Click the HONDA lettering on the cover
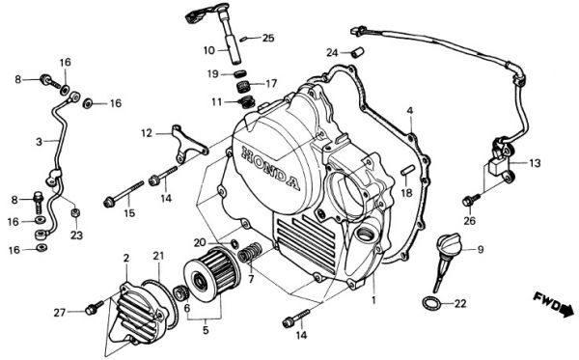point(270,168)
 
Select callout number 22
point(460,303)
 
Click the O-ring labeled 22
point(431,303)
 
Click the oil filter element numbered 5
point(212,271)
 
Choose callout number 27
point(60,313)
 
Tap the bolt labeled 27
point(94,308)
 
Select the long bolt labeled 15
point(124,194)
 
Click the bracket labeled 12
point(189,144)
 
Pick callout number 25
point(268,38)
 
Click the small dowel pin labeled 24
point(357,52)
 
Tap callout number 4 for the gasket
point(409,110)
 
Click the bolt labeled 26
point(471,200)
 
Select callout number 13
point(535,163)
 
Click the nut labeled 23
point(75,212)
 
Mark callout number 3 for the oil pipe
point(39,142)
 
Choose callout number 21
point(158,256)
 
